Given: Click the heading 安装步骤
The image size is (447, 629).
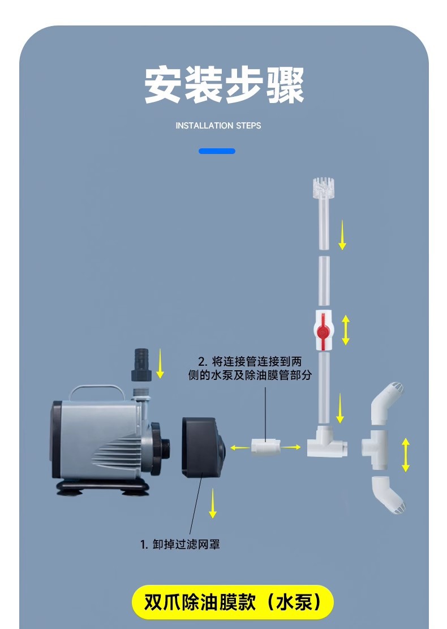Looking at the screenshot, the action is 224,85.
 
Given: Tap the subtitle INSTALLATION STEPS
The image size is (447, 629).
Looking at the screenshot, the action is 218,126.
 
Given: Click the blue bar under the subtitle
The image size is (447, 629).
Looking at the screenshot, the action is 217,151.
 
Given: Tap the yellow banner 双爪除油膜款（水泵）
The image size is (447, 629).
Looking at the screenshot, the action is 232,602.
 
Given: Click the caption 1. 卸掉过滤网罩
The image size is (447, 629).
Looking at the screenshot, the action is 180,545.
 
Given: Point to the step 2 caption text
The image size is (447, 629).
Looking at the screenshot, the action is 250,368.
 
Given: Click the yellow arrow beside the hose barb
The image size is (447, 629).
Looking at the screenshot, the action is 160,363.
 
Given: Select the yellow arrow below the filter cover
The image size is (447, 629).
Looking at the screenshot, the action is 213,502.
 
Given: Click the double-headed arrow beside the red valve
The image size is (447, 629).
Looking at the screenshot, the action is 345,330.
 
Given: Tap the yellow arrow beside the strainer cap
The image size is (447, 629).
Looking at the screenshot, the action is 342,236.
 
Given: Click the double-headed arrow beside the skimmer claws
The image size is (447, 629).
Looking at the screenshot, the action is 405,455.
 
